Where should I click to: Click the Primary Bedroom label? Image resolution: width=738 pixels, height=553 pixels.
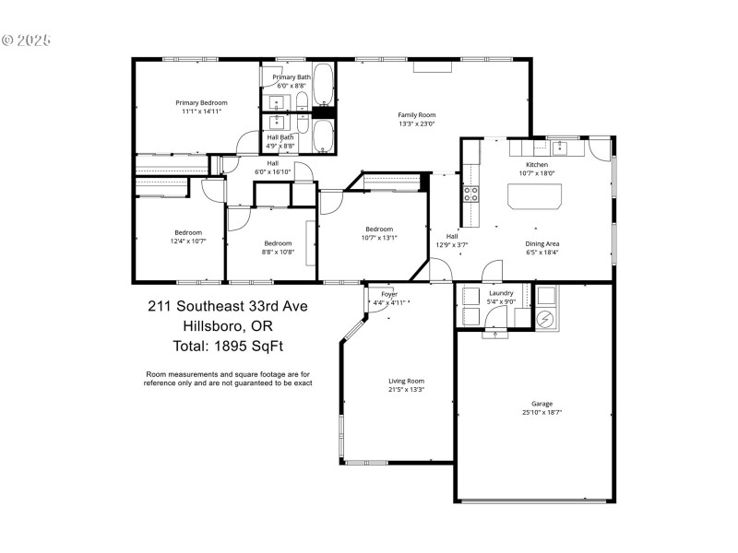click(x=201, y=102)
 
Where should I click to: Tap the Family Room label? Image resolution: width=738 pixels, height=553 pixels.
click(x=416, y=114)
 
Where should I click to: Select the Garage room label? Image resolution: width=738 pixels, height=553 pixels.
click(x=542, y=403)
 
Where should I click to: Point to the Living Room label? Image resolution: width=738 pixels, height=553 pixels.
click(x=406, y=381)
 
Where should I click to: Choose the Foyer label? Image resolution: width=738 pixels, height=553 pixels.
click(x=389, y=294)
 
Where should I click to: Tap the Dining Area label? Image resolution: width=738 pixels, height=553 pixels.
click(x=542, y=243)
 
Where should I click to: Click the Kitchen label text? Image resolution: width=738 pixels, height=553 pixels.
click(x=537, y=164)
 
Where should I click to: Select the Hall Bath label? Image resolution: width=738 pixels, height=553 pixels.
click(x=280, y=137)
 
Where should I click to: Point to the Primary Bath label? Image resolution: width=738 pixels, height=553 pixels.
click(x=292, y=77)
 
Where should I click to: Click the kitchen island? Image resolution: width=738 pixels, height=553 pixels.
click(x=534, y=195)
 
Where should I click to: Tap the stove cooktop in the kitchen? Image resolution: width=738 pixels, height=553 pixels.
click(x=470, y=194)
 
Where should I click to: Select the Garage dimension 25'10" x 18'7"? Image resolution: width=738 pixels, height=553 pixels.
click(x=542, y=412)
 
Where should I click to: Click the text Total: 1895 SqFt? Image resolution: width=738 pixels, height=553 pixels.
click(x=229, y=347)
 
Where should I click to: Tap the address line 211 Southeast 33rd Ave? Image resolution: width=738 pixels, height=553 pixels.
click(x=228, y=306)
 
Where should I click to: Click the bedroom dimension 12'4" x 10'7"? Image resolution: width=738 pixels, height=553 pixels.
click(x=187, y=241)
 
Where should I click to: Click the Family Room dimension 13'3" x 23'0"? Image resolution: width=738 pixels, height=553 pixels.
click(x=416, y=124)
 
